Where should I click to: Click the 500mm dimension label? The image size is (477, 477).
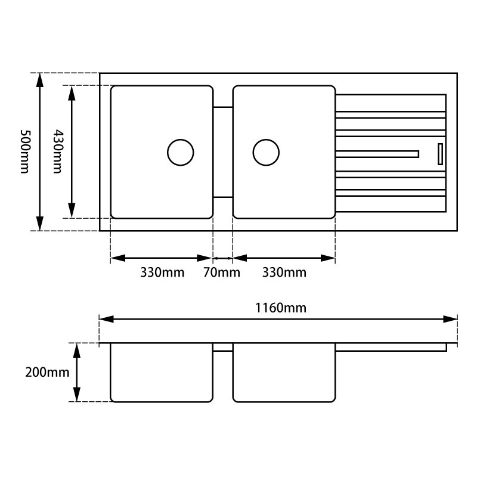click(24, 151)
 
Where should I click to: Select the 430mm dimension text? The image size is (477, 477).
click(57, 151)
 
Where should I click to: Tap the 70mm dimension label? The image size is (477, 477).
click(222, 273)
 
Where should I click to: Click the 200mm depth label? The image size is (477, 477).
click(47, 373)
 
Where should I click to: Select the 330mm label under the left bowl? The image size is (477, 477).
click(162, 273)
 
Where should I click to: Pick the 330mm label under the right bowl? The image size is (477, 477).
click(284, 273)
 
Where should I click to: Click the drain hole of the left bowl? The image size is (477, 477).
click(180, 152)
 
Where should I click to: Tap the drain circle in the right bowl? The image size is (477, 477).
click(266, 152)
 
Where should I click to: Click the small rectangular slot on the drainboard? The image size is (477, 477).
click(440, 153)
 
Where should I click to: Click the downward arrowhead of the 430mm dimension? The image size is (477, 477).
click(72, 211)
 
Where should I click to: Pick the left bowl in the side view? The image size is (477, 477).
click(162, 373)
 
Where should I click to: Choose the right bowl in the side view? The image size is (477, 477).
click(284, 373)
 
